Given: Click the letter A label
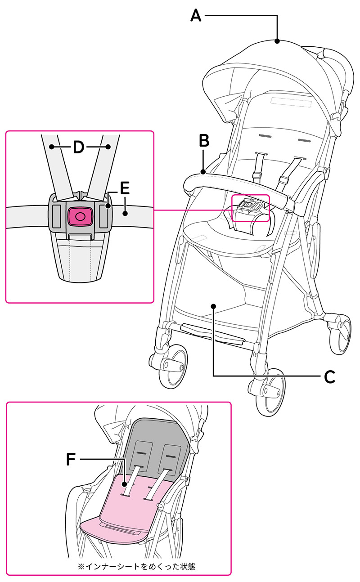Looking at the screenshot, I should coord(196,16).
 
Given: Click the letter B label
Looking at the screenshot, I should coord(204,141).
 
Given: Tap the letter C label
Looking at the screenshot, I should coord(329,376).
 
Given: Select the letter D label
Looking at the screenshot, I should coord(79,147).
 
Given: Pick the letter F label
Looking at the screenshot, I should coord(71,459).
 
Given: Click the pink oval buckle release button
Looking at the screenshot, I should coord(80,216).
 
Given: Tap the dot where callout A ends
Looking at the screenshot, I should coord(277,41).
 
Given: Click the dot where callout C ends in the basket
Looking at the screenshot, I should coord(214,306).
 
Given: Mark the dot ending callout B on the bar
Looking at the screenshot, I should coord(204,171).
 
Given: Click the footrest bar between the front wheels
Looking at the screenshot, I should coord(211,333).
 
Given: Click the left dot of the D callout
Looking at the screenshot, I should coord(52,147).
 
